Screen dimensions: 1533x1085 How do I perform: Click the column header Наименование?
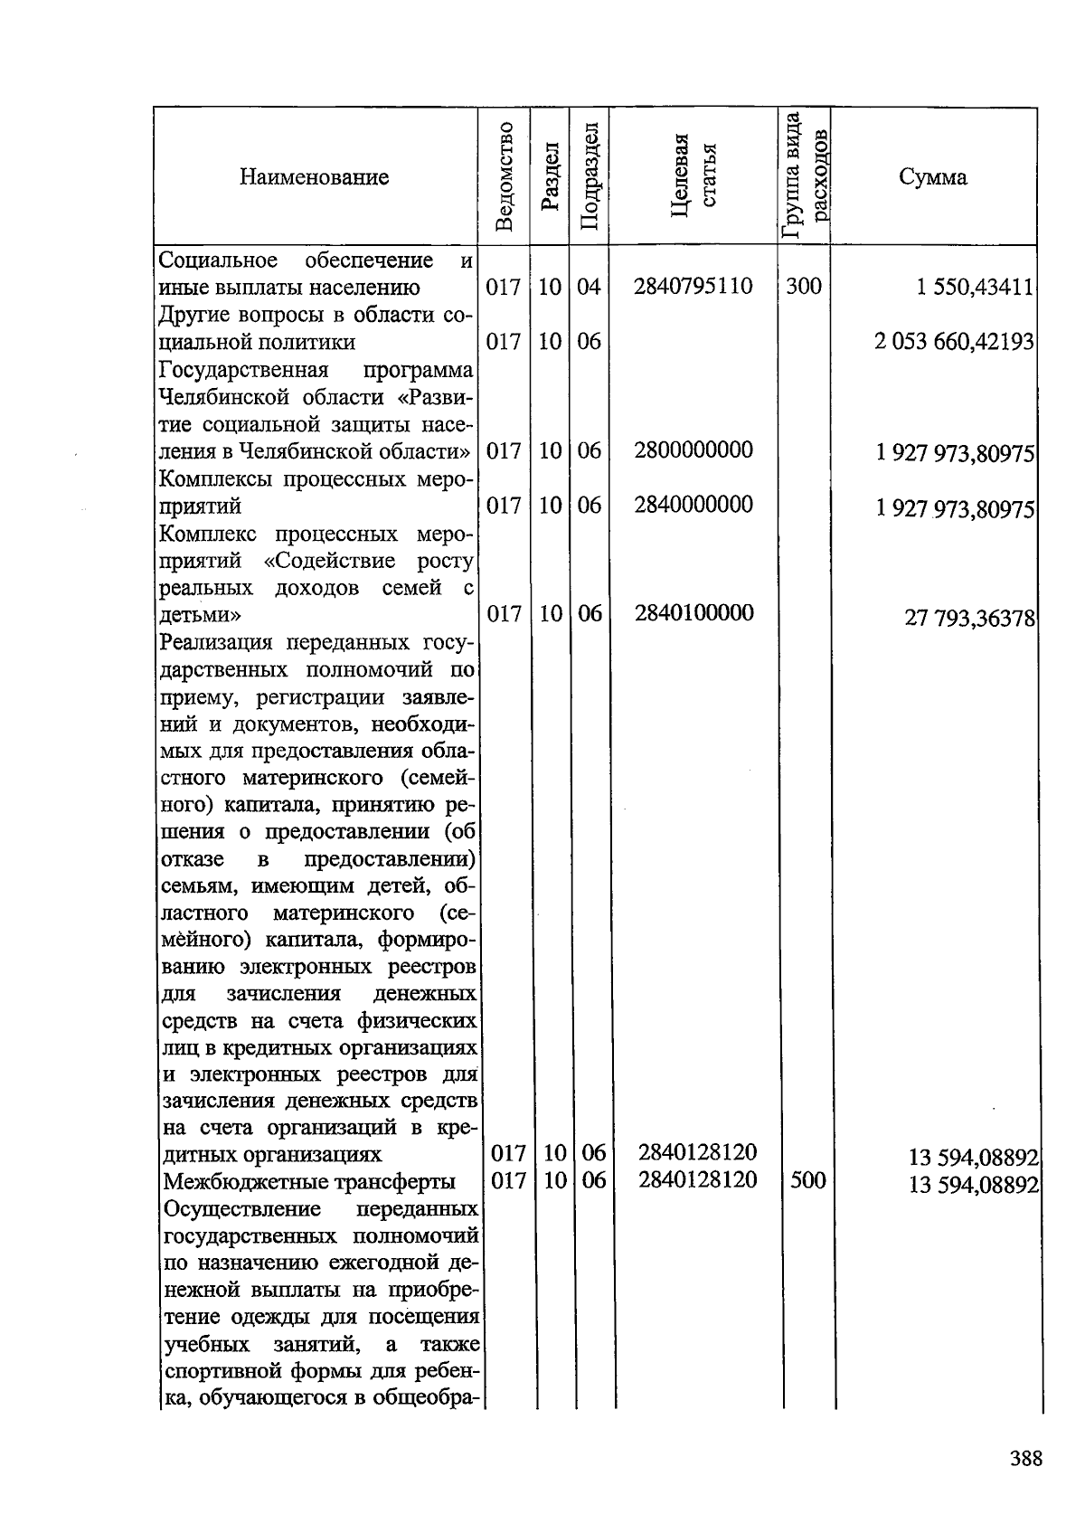[314, 176]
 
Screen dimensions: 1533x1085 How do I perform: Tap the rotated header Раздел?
[549, 176]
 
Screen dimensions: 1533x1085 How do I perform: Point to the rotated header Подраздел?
[589, 176]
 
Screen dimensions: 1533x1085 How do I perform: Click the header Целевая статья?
[693, 176]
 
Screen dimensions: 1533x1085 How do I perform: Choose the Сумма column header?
[932, 176]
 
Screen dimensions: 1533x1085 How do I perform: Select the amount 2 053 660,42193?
[954, 343]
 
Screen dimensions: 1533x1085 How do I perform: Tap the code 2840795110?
[693, 287]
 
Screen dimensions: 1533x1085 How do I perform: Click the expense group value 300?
[804, 287]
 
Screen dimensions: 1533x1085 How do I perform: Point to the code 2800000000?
[693, 450]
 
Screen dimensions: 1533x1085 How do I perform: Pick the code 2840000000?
[693, 505]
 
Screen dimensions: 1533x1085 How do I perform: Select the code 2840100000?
[693, 613]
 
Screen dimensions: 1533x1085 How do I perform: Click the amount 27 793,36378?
[969, 618]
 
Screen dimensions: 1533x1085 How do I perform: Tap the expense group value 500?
[807, 1180]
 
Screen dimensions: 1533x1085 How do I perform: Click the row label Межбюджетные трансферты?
[308, 1182]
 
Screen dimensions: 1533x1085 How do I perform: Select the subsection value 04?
[589, 287]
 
